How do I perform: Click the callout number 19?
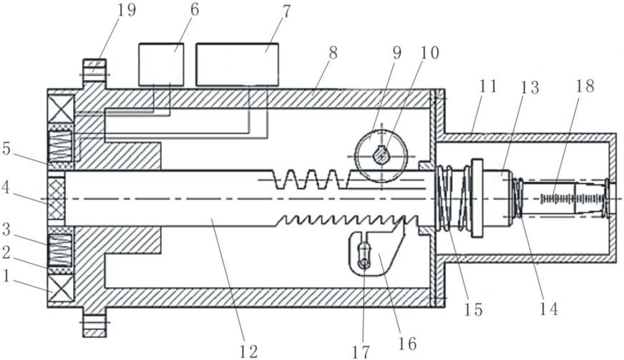(126, 11)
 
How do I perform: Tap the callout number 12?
(249, 351)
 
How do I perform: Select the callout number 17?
(361, 351)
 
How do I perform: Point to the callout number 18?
(585, 86)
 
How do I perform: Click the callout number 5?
(6, 148)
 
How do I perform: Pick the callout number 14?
(549, 308)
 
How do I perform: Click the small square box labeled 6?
(161, 64)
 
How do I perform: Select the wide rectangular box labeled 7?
(237, 64)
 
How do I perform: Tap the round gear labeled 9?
(381, 156)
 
